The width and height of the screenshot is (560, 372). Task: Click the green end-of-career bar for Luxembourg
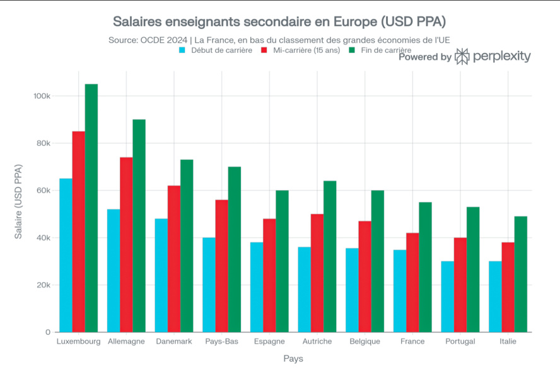[91, 208]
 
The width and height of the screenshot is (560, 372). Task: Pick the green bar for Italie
[520, 274]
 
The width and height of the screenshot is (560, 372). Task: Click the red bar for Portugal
[460, 285]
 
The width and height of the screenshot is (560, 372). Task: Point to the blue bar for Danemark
[161, 275]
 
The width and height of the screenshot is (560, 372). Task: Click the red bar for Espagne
[269, 275]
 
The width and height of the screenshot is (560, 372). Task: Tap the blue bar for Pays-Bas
[209, 285]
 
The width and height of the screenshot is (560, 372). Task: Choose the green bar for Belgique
[377, 261]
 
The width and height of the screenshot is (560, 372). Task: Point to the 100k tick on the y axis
[42, 96]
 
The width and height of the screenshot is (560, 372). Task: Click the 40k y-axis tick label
[44, 238]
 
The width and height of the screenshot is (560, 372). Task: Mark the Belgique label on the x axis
[365, 342]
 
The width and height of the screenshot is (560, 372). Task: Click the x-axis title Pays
[293, 359]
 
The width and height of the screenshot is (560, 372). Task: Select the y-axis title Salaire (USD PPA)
[18, 201]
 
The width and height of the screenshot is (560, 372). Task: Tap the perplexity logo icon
[462, 57]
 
